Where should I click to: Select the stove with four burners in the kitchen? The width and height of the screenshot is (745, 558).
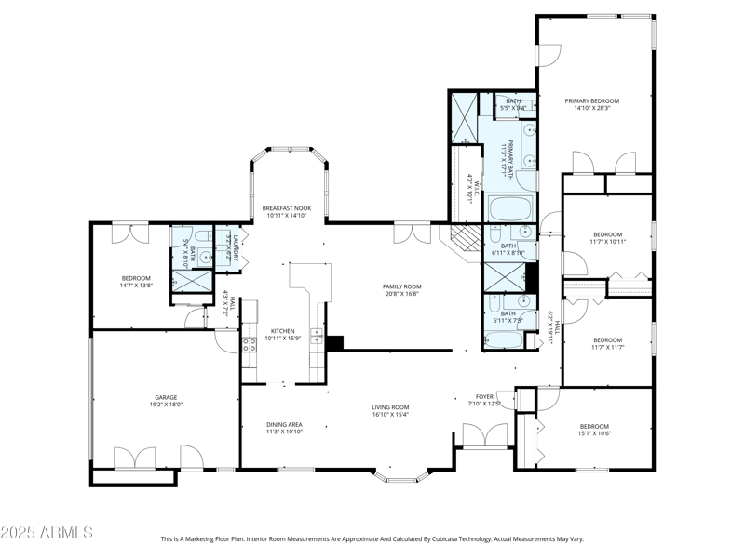pyautogui.click(x=249, y=347)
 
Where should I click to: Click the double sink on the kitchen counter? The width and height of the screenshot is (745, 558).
pyautogui.click(x=317, y=336)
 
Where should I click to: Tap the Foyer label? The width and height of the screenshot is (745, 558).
pyautogui.click(x=484, y=397)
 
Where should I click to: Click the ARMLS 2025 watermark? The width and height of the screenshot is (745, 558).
pyautogui.click(x=47, y=533)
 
